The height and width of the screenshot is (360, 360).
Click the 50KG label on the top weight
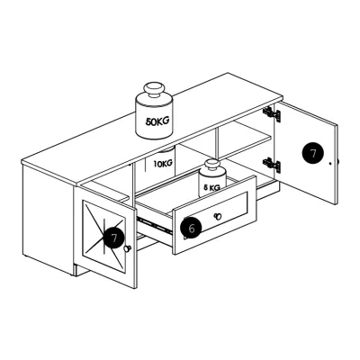coord(157,121)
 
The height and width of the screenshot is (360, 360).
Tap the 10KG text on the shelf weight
coord(163,164)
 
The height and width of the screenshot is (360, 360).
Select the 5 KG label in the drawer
coord(211,188)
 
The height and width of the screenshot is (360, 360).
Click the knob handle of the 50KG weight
coord(155,90)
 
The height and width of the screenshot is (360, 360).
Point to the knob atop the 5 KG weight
coord(212,166)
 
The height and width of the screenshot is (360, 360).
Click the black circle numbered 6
coord(192,228)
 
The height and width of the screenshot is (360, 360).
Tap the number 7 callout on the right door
coord(313,153)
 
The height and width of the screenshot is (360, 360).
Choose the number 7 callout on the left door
coord(114,238)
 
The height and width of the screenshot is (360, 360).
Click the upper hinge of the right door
coord(272,114)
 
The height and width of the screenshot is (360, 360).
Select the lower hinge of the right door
coord(272,165)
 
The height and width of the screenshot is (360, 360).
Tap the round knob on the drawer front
coord(218,216)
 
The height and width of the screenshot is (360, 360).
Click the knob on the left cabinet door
coord(128,248)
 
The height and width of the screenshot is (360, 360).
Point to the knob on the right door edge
coord(337,161)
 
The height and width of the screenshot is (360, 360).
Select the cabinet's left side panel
coord(48,218)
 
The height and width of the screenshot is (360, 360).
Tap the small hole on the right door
coord(330,164)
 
